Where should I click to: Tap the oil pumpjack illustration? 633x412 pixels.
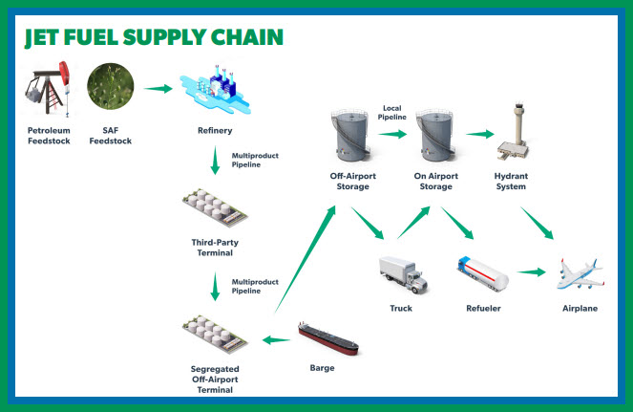48,88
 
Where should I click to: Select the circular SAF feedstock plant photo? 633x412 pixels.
110,86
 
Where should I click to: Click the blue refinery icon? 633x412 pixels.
215,90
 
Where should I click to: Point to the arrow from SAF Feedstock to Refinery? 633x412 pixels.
158,89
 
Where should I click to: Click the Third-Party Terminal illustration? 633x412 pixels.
215,207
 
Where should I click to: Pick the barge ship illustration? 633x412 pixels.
328,338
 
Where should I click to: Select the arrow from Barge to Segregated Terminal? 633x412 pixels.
276,339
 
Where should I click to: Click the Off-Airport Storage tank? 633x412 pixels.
350,135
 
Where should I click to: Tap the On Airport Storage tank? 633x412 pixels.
435,135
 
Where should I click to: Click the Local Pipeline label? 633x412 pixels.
392,113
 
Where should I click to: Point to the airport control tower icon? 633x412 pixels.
514,131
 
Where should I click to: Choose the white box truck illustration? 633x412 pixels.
403,274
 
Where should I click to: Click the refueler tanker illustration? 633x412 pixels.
483,273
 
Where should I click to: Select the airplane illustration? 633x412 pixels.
580,274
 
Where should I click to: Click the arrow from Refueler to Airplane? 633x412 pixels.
531,272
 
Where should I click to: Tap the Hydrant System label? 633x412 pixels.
511,181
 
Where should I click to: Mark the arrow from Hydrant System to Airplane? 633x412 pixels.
537,223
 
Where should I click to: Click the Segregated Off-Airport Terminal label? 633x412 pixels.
215,379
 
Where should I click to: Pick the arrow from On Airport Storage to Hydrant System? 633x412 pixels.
480,134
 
